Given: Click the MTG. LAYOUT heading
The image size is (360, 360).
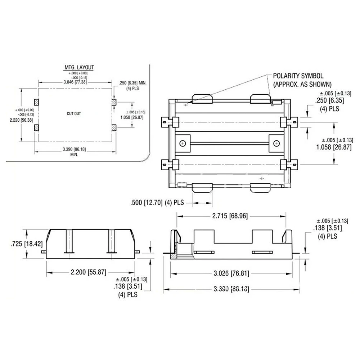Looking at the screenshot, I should (79, 67).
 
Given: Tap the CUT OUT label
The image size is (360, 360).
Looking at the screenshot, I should (74, 113).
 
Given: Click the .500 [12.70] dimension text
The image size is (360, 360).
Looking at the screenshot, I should (157, 203).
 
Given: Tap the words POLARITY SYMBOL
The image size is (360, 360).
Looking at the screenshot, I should (298, 76).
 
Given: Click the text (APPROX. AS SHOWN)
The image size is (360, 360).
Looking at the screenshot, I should (302, 85).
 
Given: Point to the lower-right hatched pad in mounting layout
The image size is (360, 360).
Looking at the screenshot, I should (114, 127).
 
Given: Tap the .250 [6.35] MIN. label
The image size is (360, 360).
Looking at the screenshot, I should (131, 83).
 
